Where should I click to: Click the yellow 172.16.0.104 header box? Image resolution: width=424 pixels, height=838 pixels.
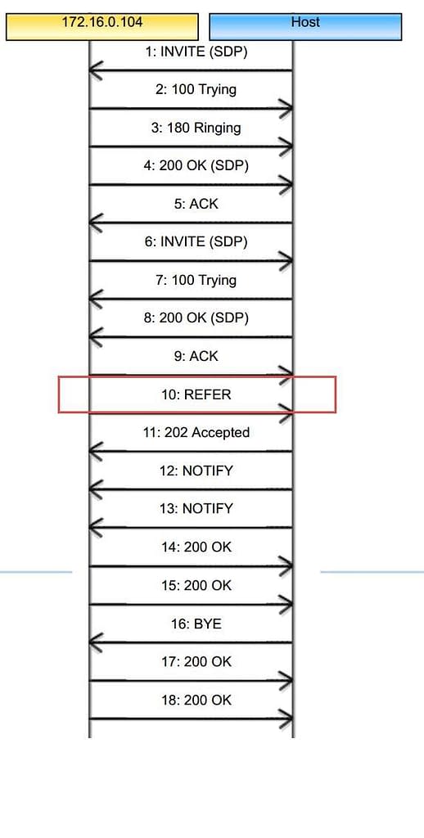[x=102, y=27]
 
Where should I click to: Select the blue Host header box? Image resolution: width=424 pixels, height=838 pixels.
[x=305, y=27]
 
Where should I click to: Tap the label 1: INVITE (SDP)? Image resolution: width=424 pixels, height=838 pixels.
[x=196, y=52]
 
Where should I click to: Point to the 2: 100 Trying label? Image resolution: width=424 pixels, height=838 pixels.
[x=196, y=89]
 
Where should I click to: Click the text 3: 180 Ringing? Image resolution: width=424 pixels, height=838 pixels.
[x=196, y=128]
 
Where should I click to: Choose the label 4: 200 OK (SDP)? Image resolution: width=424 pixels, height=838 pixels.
[x=196, y=166]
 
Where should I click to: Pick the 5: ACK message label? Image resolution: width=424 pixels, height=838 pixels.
[x=196, y=204]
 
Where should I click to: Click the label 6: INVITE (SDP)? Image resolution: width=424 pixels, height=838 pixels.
[x=196, y=242]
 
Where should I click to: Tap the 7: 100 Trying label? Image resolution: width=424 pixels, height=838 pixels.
[x=196, y=280]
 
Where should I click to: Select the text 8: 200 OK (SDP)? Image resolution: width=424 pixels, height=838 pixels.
[x=196, y=318]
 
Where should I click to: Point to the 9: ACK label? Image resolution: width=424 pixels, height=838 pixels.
[x=196, y=356]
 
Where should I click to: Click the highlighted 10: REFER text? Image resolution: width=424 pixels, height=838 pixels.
[x=196, y=394]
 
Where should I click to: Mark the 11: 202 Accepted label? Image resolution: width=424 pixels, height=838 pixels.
[x=196, y=432]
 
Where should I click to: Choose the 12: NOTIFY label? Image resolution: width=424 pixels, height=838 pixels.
[x=196, y=471]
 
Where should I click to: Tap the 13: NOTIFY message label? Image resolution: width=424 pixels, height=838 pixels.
[x=196, y=508]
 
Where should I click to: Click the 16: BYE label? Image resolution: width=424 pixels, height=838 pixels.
[x=196, y=624]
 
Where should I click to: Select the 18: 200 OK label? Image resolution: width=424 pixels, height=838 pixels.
[x=196, y=701]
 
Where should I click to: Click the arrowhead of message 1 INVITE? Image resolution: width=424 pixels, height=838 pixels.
[x=95, y=70]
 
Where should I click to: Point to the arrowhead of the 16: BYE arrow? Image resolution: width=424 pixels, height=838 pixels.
[x=95, y=642]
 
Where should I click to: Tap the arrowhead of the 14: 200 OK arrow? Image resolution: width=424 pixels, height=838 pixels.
[x=287, y=566]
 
